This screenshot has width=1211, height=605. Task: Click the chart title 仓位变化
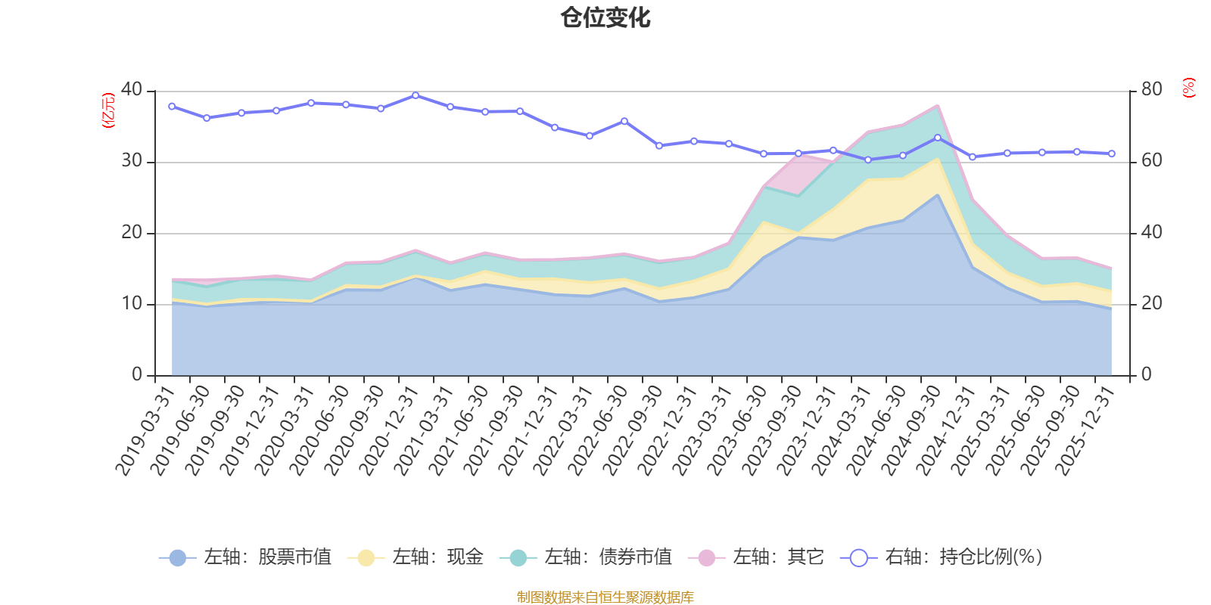(x=605, y=17)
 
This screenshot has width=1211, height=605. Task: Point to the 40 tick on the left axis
(x=132, y=89)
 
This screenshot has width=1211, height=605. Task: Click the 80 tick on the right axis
(x=1151, y=89)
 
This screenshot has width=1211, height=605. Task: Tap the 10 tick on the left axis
(x=132, y=303)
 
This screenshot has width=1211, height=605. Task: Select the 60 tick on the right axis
(x=1151, y=160)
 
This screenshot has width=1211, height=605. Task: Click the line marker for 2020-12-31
(x=416, y=95)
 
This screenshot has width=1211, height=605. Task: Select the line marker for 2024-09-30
(x=938, y=138)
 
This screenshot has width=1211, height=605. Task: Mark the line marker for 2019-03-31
(x=172, y=107)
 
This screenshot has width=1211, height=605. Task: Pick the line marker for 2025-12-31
(x=1112, y=154)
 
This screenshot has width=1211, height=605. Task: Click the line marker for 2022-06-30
(x=624, y=121)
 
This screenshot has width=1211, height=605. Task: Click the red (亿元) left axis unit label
(x=108, y=110)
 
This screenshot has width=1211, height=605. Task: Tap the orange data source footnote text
(x=605, y=597)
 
